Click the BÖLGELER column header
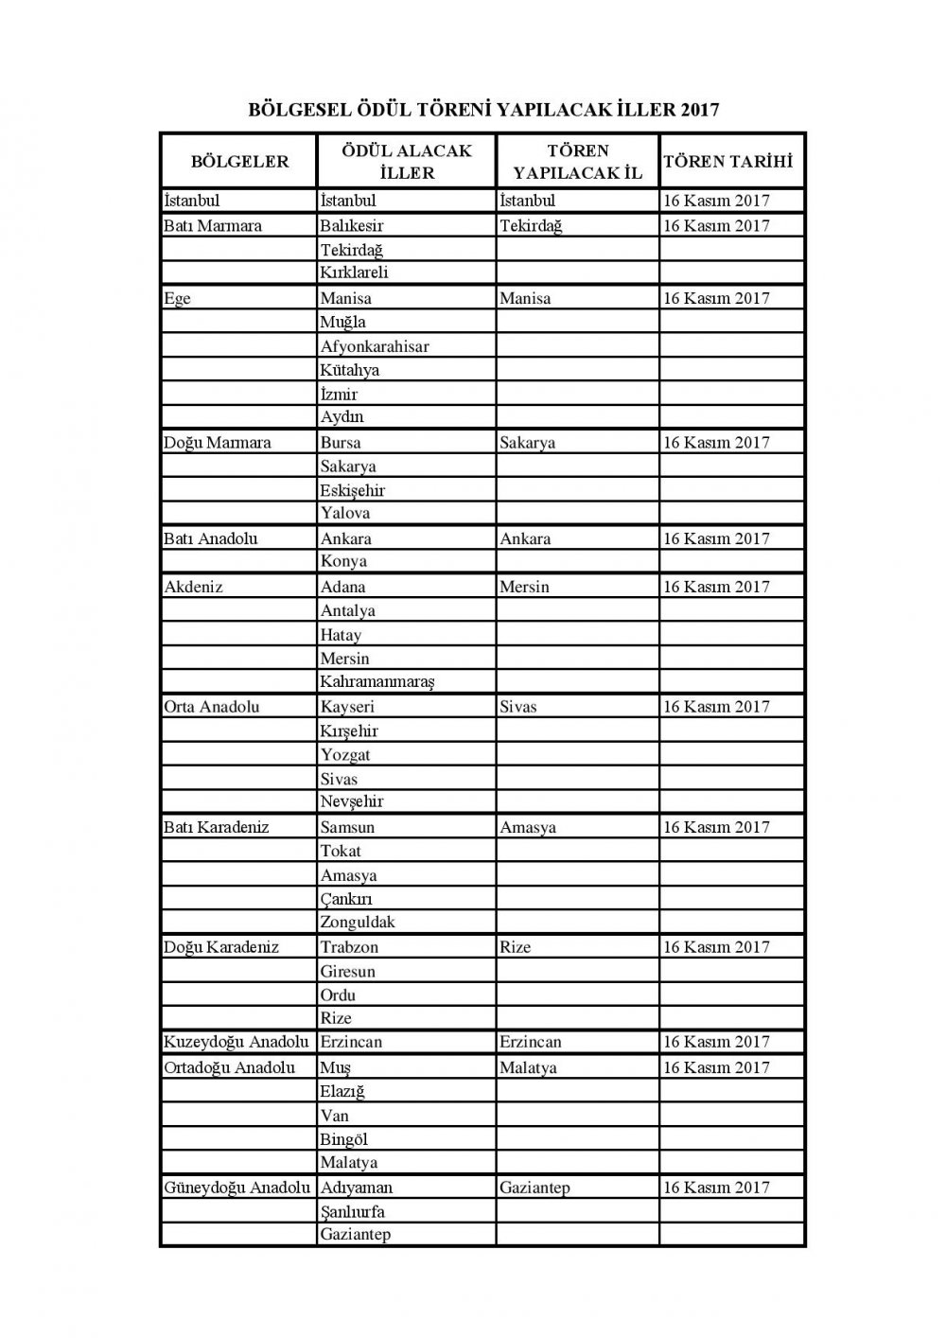click(x=239, y=161)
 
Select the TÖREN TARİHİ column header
click(x=727, y=161)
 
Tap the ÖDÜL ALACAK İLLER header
click(x=407, y=161)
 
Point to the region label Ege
click(x=177, y=298)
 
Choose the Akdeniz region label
click(x=194, y=587)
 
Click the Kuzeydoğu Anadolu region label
click(x=236, y=1042)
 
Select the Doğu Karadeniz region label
click(x=221, y=946)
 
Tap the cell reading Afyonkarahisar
click(x=375, y=346)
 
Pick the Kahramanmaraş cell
click(x=377, y=681)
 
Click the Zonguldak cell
click(x=358, y=922)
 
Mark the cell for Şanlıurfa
click(x=353, y=1211)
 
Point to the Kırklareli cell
click(x=355, y=273)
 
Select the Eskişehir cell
click(x=353, y=490)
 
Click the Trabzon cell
click(x=349, y=946)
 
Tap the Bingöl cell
click(x=344, y=1139)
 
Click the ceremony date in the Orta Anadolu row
click(x=716, y=707)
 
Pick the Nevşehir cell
click(x=352, y=801)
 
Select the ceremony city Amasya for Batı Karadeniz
click(x=528, y=827)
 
